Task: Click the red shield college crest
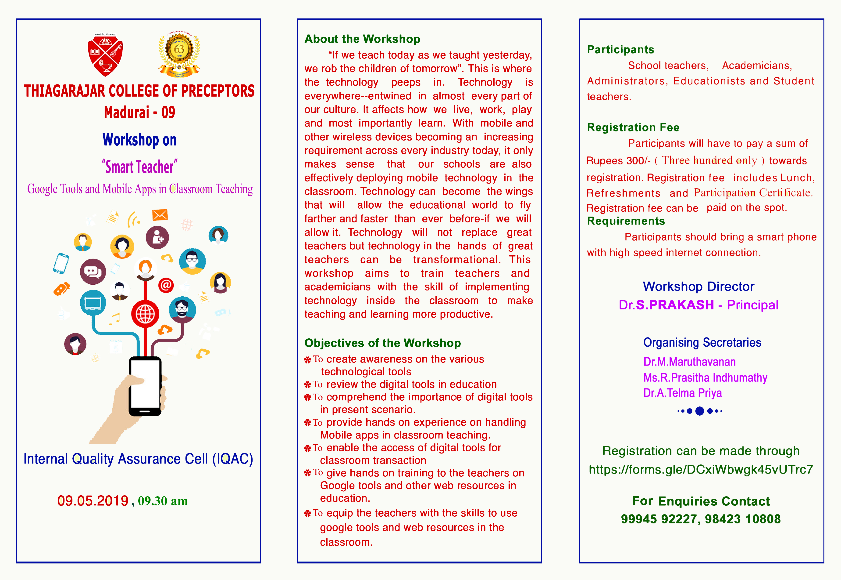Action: tap(105, 54)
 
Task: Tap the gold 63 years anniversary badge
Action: tap(179, 54)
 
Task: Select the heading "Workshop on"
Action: tap(139, 140)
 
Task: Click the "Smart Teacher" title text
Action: tap(140, 167)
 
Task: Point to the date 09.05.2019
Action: tap(93, 501)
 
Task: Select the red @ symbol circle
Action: tap(166, 285)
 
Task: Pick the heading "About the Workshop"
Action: tap(362, 39)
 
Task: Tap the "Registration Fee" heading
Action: tap(633, 127)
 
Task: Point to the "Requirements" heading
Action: tap(626, 221)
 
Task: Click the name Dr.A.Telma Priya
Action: tap(682, 393)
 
